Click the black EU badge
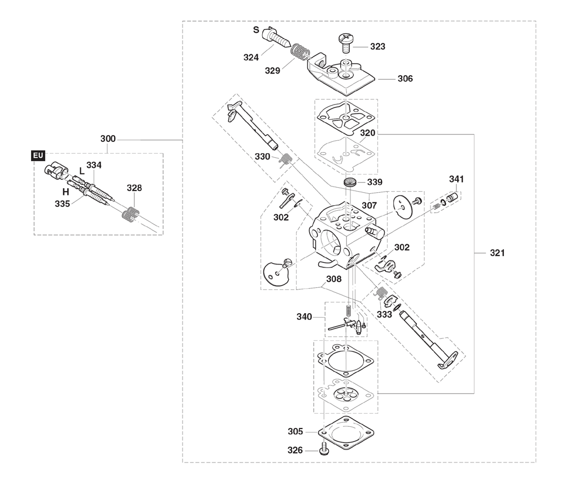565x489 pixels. point(38,156)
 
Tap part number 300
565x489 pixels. point(108,139)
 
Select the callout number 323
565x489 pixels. point(377,46)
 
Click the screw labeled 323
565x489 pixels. point(346,43)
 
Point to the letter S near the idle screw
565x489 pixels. point(256,29)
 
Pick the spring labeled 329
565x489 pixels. point(300,51)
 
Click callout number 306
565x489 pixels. point(405,79)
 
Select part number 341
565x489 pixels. point(457,179)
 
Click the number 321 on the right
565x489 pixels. point(497,253)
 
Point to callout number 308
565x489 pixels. point(334,279)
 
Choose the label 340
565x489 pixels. point(304,317)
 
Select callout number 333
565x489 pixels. point(384,314)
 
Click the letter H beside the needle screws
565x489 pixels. point(66,192)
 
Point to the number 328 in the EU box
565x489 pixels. point(134,188)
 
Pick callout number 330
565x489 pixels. point(262,157)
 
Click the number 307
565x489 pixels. point(370,205)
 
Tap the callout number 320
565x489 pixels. point(368,133)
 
